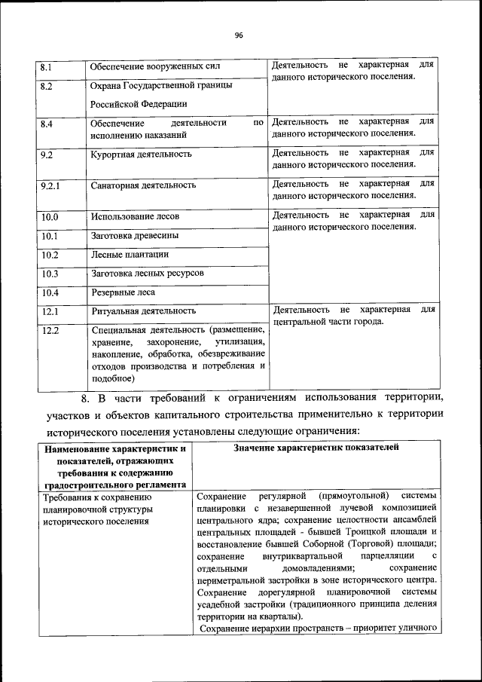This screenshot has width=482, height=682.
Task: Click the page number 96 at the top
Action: [x=239, y=35]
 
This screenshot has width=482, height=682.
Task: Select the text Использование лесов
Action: [x=136, y=217]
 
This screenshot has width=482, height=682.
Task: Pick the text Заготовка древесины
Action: [x=135, y=236]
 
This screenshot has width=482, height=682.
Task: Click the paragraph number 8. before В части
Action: [x=86, y=398]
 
